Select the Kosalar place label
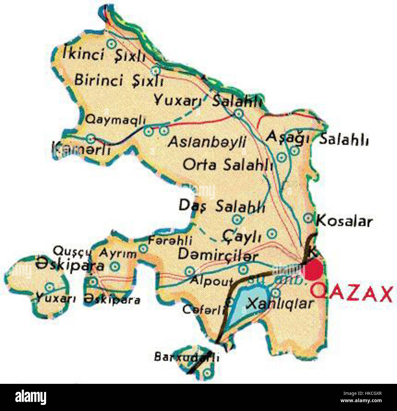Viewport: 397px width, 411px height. (344, 221)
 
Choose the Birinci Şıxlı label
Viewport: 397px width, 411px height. (119, 81)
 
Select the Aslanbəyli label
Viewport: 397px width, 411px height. (207, 142)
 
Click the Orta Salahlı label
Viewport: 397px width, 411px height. (228, 165)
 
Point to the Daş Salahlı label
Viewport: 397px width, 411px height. (222, 207)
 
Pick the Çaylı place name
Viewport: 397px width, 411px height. (242, 236)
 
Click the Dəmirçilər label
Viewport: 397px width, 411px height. (218, 254)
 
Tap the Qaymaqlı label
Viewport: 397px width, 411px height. (115, 119)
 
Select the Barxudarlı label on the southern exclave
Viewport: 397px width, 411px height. (187, 357)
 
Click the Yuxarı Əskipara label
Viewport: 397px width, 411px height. (88, 299)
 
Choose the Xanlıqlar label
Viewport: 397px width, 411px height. (280, 303)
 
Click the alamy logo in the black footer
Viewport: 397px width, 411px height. (31, 397)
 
